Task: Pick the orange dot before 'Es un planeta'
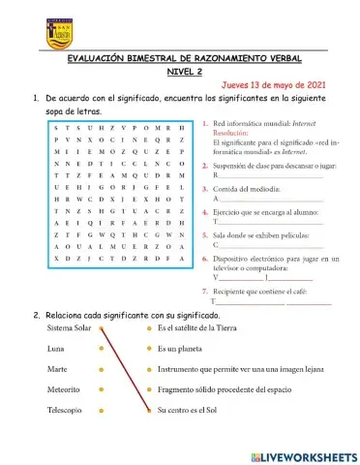click(148, 349)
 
